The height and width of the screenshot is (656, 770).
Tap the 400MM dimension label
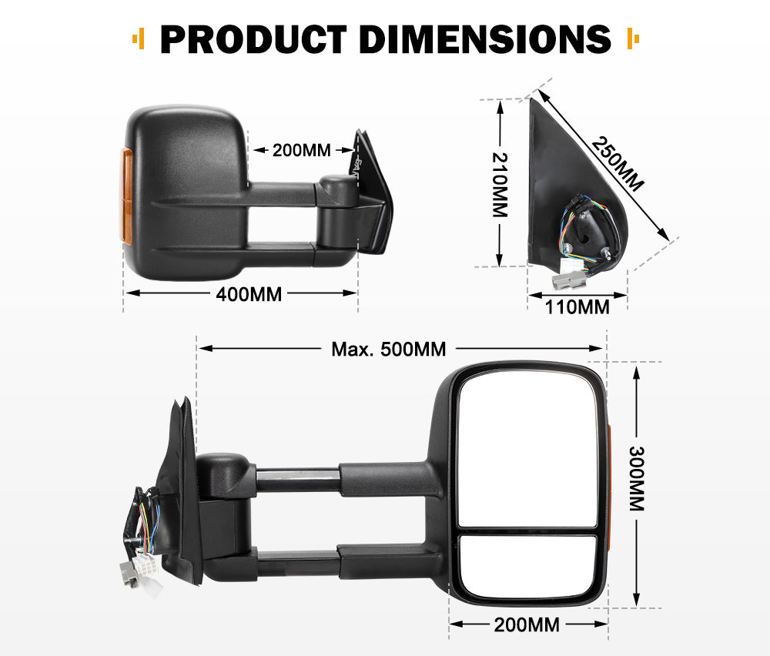pos(249,293)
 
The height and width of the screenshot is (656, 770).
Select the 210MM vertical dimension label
pos(500,185)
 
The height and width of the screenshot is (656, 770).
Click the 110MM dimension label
pos(577,307)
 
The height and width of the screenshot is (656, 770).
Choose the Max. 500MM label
pos(388,349)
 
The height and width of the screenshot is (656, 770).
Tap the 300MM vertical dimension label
pos(637,479)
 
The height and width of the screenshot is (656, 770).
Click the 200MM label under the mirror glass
pos(527,624)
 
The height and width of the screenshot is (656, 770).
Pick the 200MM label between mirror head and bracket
pos(301,150)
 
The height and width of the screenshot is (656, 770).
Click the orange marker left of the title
pos(138,38)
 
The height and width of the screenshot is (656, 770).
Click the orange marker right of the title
pos(634,38)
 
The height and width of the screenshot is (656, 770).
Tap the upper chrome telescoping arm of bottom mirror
pos(296,479)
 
